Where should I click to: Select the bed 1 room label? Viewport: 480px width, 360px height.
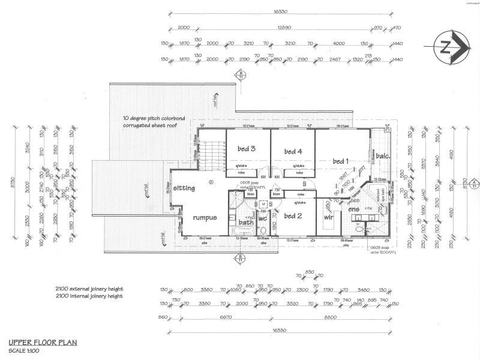point(340,161)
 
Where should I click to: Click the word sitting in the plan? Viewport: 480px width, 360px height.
point(185,188)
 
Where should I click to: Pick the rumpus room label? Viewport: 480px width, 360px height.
point(205,217)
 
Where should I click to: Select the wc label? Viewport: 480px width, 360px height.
point(262,218)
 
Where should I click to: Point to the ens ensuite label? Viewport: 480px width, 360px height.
point(353,209)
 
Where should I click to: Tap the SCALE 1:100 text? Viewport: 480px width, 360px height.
point(25,350)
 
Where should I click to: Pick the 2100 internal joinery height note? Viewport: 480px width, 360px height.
point(89,296)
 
